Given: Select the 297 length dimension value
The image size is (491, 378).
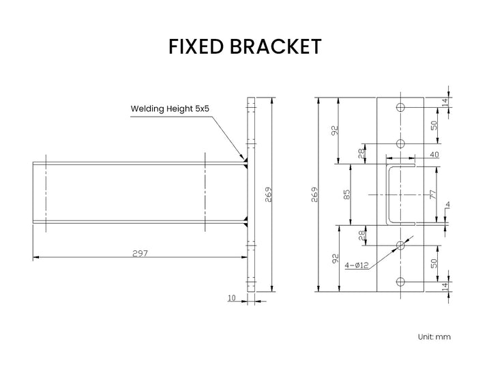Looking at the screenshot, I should pyautogui.click(x=140, y=252).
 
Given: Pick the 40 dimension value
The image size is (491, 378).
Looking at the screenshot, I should pyautogui.click(x=434, y=155).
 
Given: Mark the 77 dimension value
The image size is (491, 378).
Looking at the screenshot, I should pyautogui.click(x=432, y=194).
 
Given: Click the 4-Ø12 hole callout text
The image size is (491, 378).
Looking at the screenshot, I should pyautogui.click(x=357, y=265).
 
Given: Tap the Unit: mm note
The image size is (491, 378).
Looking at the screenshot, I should pyautogui.click(x=434, y=336).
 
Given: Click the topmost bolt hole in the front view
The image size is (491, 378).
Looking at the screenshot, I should pyautogui.click(x=400, y=107).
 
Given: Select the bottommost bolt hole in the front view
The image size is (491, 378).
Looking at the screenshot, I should pyautogui.click(x=400, y=281).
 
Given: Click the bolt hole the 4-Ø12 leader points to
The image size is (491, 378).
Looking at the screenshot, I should pyautogui.click(x=400, y=244).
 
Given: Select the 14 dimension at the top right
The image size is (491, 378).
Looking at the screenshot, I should pyautogui.click(x=445, y=102).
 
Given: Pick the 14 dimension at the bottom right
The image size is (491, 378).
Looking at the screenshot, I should pyautogui.click(x=445, y=287).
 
